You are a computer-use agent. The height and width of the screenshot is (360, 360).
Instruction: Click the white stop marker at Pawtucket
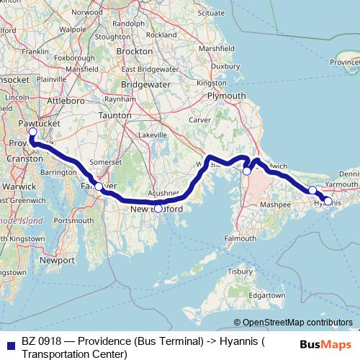click(x=32, y=132)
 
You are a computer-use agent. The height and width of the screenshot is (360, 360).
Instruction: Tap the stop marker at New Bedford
click(x=158, y=209)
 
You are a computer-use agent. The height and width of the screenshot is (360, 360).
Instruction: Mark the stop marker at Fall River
click(x=99, y=186)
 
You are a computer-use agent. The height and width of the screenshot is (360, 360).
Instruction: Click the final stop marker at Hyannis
click(x=328, y=201)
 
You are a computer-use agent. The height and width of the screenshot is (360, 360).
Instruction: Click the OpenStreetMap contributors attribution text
click(x=298, y=322)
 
